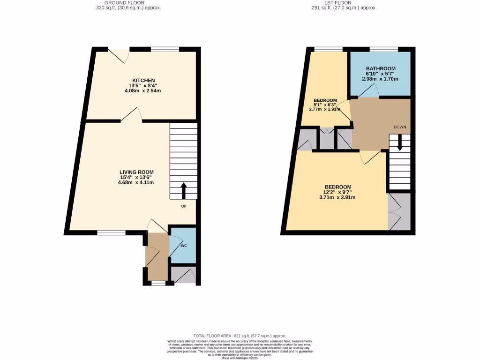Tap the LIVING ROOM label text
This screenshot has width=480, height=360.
tap(136, 172)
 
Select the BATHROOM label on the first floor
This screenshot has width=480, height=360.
tap(380, 68)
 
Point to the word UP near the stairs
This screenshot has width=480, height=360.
tap(185, 206)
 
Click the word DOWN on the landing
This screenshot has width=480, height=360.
tap(400, 127)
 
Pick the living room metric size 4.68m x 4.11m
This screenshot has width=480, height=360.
tap(136, 183)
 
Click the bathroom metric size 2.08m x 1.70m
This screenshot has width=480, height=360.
tap(380, 79)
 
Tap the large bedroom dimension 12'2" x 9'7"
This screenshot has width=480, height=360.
tap(337, 192)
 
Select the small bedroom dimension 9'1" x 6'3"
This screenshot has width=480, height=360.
tap(325, 105)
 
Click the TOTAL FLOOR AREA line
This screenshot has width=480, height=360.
tap(240, 336)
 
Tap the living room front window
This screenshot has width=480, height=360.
tap(111, 232)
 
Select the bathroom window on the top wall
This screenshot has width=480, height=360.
tap(384, 49)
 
